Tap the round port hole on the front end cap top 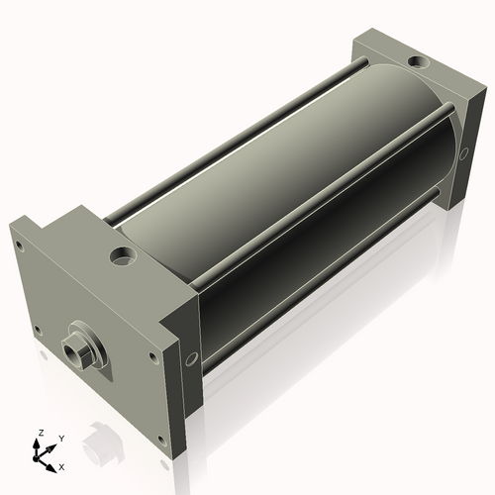pyautogui.click(x=124, y=256)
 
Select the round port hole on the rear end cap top pyautogui.click(x=418, y=61)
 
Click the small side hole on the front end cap pyautogui.click(x=191, y=358)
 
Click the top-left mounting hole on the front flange pyautogui.click(x=20, y=246)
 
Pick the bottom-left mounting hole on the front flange pyautogui.click(x=39, y=330)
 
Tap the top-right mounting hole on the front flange pyautogui.click(x=152, y=356)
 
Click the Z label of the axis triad pyautogui.click(x=41, y=433)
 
